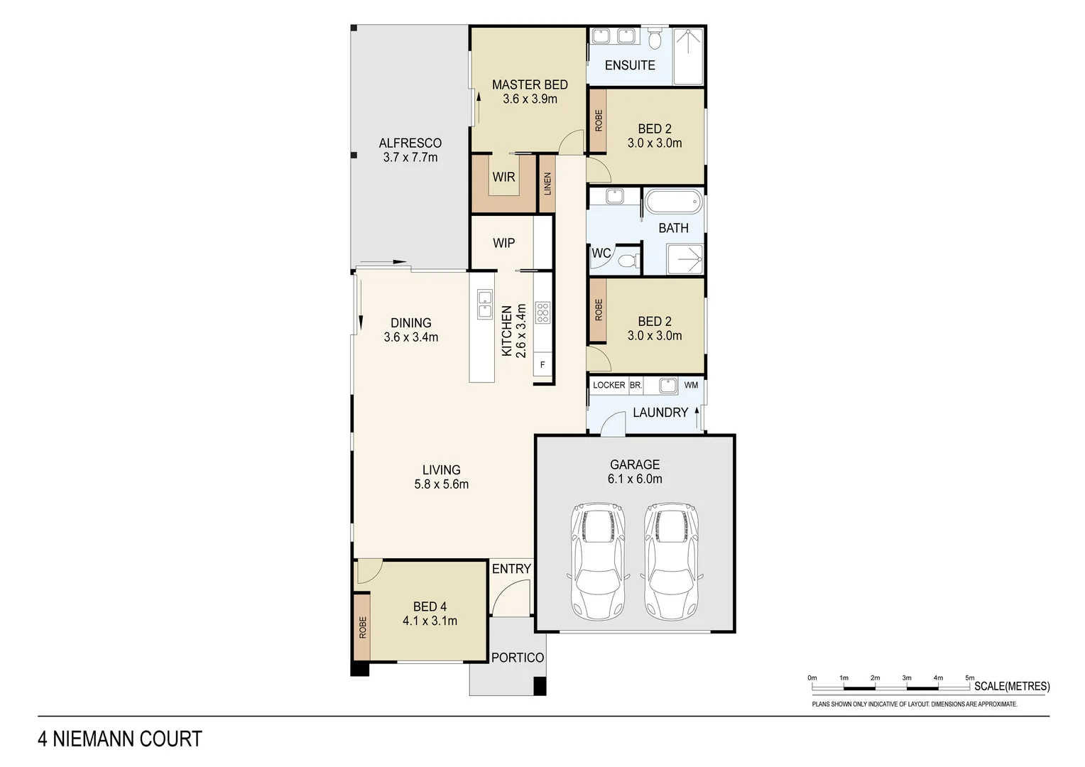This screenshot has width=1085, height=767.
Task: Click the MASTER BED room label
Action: coord(530,85)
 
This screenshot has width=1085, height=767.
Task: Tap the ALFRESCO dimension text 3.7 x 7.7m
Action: coord(410,158)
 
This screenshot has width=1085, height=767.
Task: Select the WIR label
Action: coord(503,177)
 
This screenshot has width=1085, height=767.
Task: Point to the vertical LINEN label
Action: coord(547,185)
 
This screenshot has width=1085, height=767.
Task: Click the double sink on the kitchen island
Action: coord(485,304)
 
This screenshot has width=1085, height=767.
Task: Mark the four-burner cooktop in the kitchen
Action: coord(542,312)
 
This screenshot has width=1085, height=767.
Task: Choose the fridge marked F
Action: coord(542,365)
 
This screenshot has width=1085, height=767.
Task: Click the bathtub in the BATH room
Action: coord(673,201)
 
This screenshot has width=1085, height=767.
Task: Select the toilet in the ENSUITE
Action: coord(654,36)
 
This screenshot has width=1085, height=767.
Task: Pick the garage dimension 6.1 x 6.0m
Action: coord(635,479)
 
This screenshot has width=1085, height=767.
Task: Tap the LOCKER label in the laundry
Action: coord(609,385)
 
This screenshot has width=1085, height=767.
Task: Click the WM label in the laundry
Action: coord(691,385)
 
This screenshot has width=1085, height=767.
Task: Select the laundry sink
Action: coord(667,386)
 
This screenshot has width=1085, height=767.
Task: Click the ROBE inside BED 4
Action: coord(363,627)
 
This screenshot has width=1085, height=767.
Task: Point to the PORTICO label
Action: coord(518,658)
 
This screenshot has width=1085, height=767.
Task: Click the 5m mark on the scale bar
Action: coord(970,678)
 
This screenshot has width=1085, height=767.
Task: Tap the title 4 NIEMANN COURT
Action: coord(120,739)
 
